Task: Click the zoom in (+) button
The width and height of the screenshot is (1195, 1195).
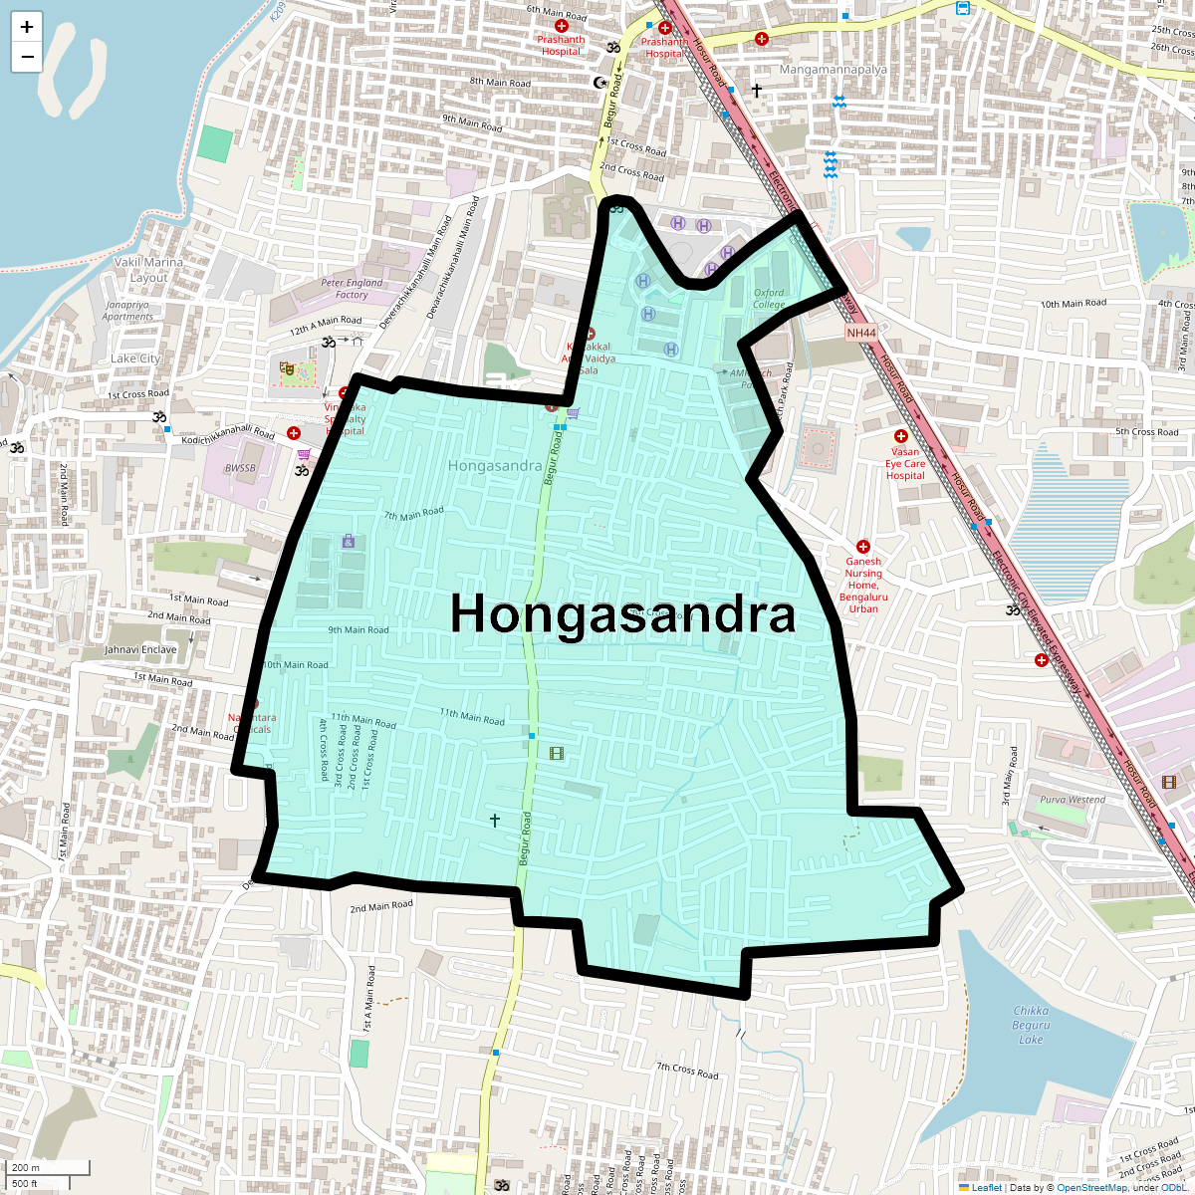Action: [27, 28]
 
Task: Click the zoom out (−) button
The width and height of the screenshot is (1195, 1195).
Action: [27, 57]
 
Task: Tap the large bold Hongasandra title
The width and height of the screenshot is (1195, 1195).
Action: [622, 613]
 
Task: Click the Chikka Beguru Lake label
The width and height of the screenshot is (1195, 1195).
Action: [1031, 1025]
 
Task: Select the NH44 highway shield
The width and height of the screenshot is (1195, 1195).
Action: [861, 333]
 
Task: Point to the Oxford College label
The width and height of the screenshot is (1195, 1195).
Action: [769, 299]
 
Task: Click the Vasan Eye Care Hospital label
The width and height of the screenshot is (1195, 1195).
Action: [905, 463]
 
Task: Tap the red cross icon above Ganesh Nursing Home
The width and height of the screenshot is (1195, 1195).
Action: [863, 547]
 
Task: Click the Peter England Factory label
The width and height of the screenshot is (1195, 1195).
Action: [352, 289]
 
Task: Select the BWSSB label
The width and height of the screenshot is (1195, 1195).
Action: [240, 468]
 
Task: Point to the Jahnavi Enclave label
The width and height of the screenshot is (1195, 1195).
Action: [141, 649]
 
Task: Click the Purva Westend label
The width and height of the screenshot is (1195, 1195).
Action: [1073, 800]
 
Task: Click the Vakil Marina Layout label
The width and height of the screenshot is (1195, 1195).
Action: [148, 270]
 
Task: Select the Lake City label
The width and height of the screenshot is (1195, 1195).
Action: [135, 358]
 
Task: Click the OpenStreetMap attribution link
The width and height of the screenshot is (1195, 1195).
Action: [1091, 1188]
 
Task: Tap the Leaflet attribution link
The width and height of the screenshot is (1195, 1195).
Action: [986, 1188]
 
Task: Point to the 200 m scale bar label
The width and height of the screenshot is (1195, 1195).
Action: [27, 1168]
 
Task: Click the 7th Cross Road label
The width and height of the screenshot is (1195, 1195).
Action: [687, 1071]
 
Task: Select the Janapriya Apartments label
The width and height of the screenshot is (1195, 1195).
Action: [127, 311]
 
